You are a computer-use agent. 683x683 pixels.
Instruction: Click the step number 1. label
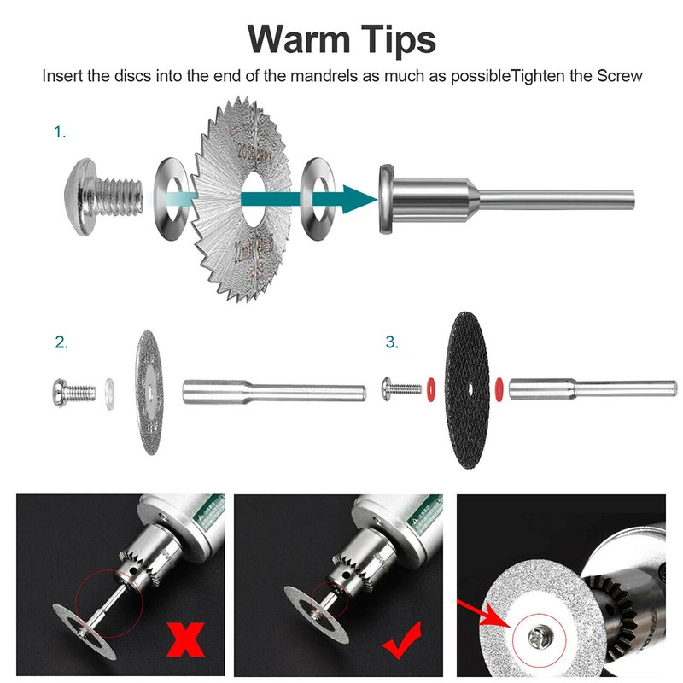coord(60,132)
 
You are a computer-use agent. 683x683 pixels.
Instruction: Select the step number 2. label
coord(61,342)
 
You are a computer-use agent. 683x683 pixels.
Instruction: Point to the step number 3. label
coord(392,342)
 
